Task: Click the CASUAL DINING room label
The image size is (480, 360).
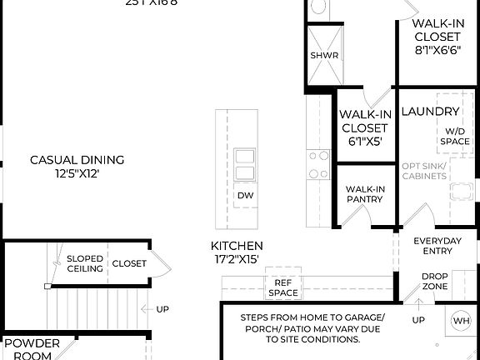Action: click(x=77, y=160)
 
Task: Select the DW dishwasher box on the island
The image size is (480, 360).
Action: click(x=245, y=196)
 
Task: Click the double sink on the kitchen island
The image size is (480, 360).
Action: click(x=246, y=164)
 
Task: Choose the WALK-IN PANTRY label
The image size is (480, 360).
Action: click(x=365, y=194)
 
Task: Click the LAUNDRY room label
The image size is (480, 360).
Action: click(x=430, y=112)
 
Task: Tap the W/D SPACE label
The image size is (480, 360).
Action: click(x=455, y=136)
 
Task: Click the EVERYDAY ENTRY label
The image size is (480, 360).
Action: click(x=437, y=247)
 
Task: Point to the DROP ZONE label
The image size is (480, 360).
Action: click(x=434, y=282)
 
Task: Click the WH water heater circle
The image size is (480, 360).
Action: click(x=461, y=321)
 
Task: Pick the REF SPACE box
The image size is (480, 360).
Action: click(x=282, y=287)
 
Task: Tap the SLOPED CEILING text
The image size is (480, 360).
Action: click(x=85, y=263)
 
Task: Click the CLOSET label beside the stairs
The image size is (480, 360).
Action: click(x=128, y=263)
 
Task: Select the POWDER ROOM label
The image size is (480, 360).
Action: click(x=31, y=349)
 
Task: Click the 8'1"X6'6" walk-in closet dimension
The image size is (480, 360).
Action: click(x=437, y=50)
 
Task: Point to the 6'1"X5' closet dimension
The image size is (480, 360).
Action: click(x=364, y=141)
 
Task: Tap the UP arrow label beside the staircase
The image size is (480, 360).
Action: click(x=162, y=309)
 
